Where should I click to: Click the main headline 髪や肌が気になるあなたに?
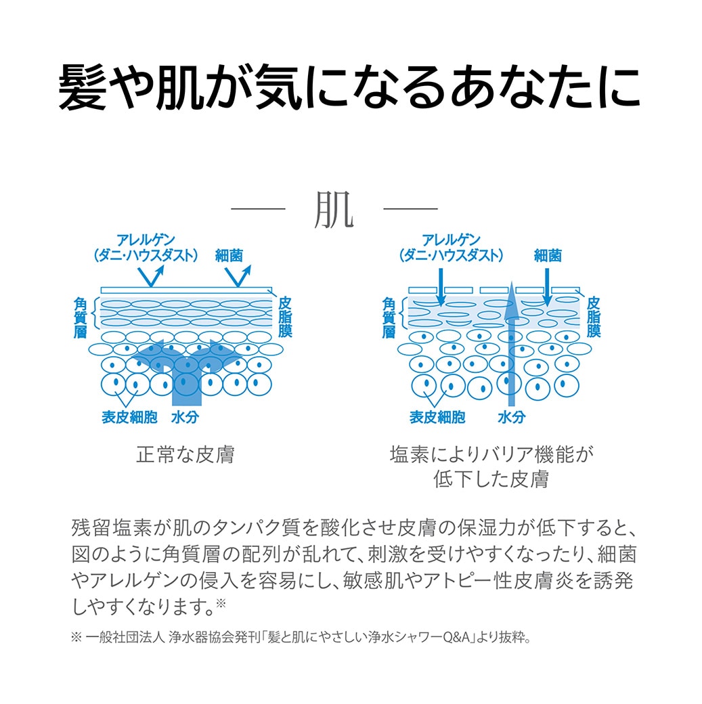(x=349, y=87)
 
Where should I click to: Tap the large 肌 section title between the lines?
(x=334, y=209)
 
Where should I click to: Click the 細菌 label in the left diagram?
(x=229, y=255)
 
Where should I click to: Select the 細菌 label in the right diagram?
(x=548, y=255)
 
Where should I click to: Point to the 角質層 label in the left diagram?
(x=80, y=317)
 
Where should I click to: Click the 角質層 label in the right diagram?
(x=389, y=317)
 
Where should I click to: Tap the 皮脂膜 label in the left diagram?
(x=285, y=317)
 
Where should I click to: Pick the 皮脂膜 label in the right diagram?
(x=593, y=317)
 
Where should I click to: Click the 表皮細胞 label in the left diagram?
(x=129, y=417)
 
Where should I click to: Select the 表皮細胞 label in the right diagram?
(x=437, y=417)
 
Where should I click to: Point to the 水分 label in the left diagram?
(x=185, y=417)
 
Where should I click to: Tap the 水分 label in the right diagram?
(x=511, y=417)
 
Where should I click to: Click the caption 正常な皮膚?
(x=185, y=454)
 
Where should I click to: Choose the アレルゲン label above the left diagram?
(x=145, y=240)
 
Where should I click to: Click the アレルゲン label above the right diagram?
(x=451, y=240)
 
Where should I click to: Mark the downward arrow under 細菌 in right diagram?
(x=547, y=287)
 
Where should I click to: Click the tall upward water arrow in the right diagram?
(x=510, y=344)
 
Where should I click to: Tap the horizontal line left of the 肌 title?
(x=258, y=208)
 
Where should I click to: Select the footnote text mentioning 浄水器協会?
(x=301, y=637)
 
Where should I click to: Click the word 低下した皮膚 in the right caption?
(x=491, y=479)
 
